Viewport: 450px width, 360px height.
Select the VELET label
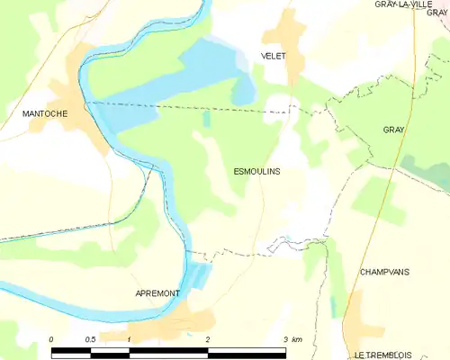[273, 56]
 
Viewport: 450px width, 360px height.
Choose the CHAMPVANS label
[384, 271]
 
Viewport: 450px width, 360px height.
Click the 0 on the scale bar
[52, 338]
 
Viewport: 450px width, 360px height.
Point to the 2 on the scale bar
[208, 338]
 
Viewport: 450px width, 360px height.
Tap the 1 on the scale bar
[130, 338]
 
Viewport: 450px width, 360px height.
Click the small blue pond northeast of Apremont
[200, 275]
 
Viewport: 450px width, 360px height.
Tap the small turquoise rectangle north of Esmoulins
[206, 119]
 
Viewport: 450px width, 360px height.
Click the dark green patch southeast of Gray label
[423, 171]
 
